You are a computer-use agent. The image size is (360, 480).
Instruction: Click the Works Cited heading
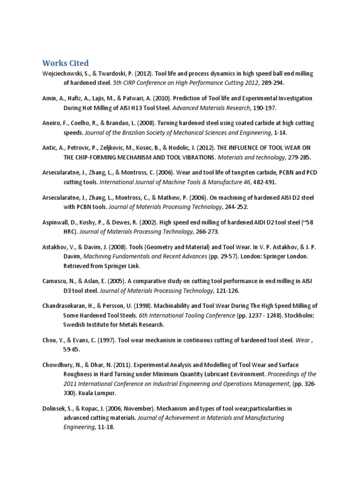pyautogui.click(x=65, y=63)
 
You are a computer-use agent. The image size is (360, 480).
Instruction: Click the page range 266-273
pyautogui.click(x=207, y=231)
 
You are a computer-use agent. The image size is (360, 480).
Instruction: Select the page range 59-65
pyautogui.click(x=73, y=349)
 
